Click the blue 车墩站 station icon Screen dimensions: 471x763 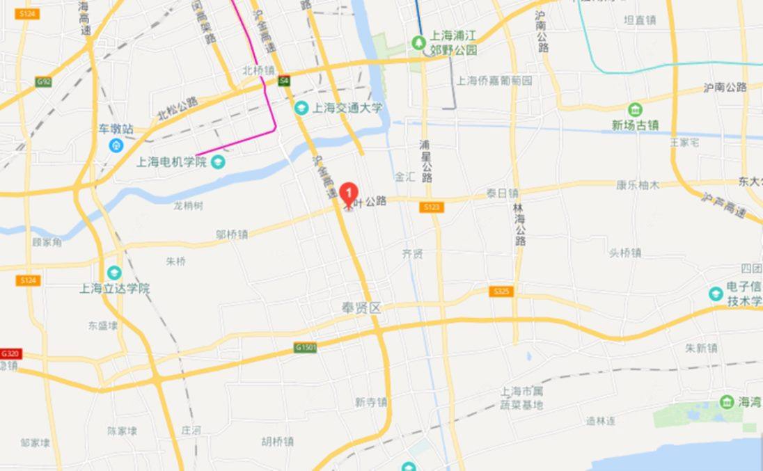tap(116, 145)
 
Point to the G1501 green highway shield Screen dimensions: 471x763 tap(306, 347)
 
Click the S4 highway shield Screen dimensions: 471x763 tap(284, 81)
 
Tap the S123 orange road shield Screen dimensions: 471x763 tap(432, 207)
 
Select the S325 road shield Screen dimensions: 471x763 tap(501, 292)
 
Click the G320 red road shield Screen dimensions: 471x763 tap(10, 353)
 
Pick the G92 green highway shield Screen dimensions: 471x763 tap(44, 82)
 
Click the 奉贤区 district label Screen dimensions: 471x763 tap(361, 308)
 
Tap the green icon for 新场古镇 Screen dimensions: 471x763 tap(635, 110)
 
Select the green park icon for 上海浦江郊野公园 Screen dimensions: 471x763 tap(418, 43)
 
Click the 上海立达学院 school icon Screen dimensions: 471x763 tap(114, 272)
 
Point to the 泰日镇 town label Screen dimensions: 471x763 tap(502, 193)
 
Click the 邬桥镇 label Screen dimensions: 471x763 tap(232, 234)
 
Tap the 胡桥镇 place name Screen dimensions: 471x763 tap(278, 441)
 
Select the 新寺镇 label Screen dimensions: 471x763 tap(370, 401)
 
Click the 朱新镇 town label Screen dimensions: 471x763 tap(701, 347)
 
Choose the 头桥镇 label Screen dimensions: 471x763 tap(624, 253)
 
